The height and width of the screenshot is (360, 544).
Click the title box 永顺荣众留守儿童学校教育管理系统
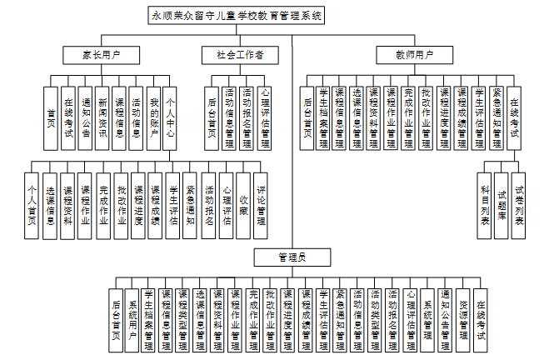coord(236,15)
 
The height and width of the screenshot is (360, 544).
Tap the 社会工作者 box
coord(235,56)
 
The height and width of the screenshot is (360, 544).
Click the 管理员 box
coord(292,258)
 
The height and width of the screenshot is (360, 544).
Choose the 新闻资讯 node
coord(102,117)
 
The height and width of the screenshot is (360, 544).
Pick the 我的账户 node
coord(153,117)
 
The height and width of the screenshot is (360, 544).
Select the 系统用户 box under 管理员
coord(132,318)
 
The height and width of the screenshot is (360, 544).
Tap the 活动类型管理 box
coord(376,318)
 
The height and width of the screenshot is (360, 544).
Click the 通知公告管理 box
coord(446,318)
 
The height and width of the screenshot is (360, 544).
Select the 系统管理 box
coord(428,318)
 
